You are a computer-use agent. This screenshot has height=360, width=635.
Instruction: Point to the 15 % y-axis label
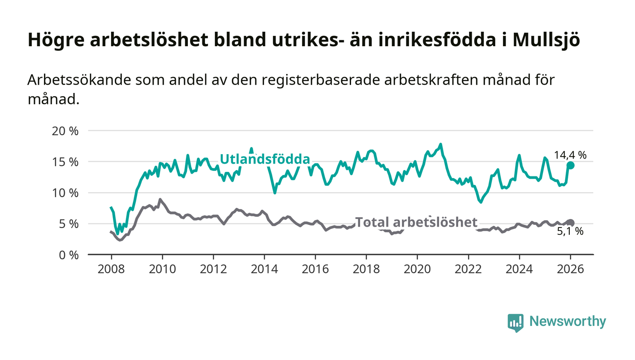[66, 162]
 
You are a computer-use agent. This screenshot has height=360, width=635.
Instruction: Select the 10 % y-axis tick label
[66, 193]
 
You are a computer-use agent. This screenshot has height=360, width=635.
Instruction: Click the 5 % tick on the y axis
[69, 224]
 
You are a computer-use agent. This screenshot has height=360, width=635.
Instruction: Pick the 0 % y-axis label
[69, 255]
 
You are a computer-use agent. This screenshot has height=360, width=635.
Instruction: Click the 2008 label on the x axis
[111, 268]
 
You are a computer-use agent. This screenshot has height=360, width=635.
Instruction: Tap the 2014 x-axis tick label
[264, 268]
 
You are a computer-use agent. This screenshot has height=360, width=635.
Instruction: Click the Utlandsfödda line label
[265, 159]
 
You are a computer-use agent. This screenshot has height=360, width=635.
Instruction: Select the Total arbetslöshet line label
[416, 222]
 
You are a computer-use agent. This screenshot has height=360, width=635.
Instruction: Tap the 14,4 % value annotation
[570, 155]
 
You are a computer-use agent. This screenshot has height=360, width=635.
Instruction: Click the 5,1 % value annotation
[570, 232]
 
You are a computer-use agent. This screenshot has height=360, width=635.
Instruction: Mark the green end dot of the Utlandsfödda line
[571, 165]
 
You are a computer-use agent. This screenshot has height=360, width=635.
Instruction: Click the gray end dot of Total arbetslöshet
[571, 223]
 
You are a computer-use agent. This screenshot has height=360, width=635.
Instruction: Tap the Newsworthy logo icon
[515, 322]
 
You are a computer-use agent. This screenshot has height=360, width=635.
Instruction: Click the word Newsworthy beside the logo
[567, 321]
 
